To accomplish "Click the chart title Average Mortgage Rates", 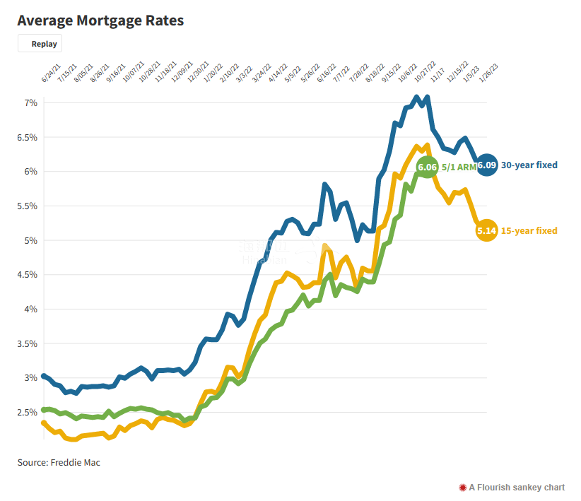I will (x=101, y=20).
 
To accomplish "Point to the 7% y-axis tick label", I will (x=30, y=103).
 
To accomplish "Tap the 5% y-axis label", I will (x=30, y=241).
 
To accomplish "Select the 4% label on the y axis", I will (x=30, y=310).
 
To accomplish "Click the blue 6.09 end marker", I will (x=486, y=165).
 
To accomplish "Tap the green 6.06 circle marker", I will (x=427, y=167).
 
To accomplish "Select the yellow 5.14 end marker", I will (x=486, y=230).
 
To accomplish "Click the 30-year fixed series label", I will (x=529, y=165).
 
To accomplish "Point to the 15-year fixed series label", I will (x=529, y=231).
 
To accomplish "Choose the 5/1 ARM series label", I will (x=459, y=167).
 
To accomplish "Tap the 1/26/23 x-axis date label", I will (x=489, y=73).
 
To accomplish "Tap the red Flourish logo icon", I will (x=463, y=488).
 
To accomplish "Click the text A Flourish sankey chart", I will (x=517, y=488).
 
